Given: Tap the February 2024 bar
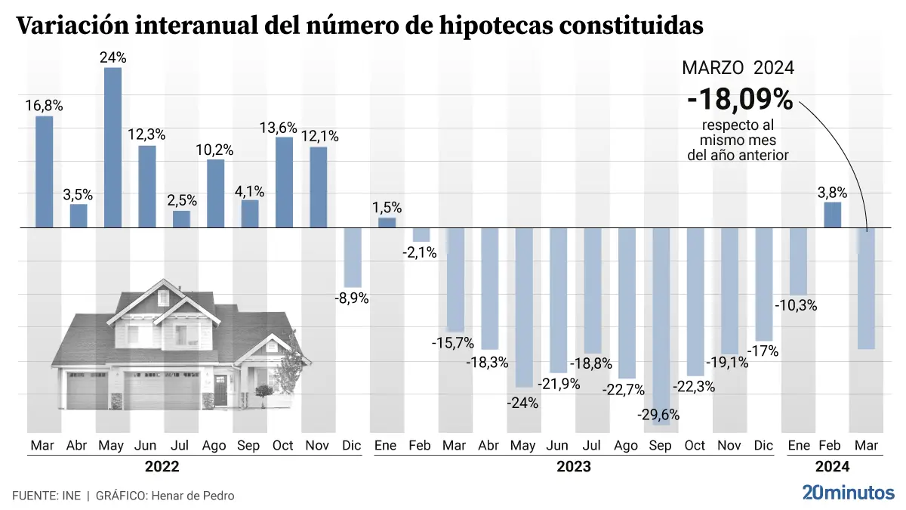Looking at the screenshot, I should [832, 215].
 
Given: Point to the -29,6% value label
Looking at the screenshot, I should [660, 414].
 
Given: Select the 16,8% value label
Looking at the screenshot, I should [45, 106].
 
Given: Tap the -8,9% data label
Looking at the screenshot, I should [351, 298].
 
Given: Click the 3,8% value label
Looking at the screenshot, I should [832, 192].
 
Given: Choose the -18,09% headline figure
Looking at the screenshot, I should [739, 99].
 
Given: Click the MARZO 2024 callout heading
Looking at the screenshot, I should [738, 68].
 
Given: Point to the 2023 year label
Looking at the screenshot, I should [573, 467].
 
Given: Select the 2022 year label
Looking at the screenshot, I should [162, 467].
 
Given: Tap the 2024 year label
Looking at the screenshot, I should [832, 467].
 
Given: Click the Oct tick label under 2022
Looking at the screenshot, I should [282, 446].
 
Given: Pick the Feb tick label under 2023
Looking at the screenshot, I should [420, 446].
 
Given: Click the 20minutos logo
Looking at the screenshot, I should [848, 493].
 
